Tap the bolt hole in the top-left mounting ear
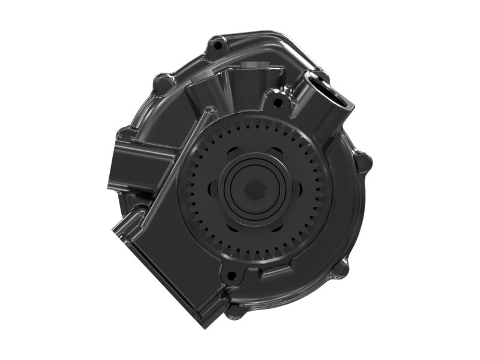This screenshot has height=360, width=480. (218, 44)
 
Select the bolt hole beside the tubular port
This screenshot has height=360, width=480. (277, 102)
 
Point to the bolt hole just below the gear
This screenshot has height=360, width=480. (230, 277)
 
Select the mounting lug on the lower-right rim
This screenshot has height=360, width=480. (340, 268)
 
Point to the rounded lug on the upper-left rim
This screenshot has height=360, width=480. (162, 83)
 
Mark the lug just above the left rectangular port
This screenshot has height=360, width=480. (124, 134)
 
